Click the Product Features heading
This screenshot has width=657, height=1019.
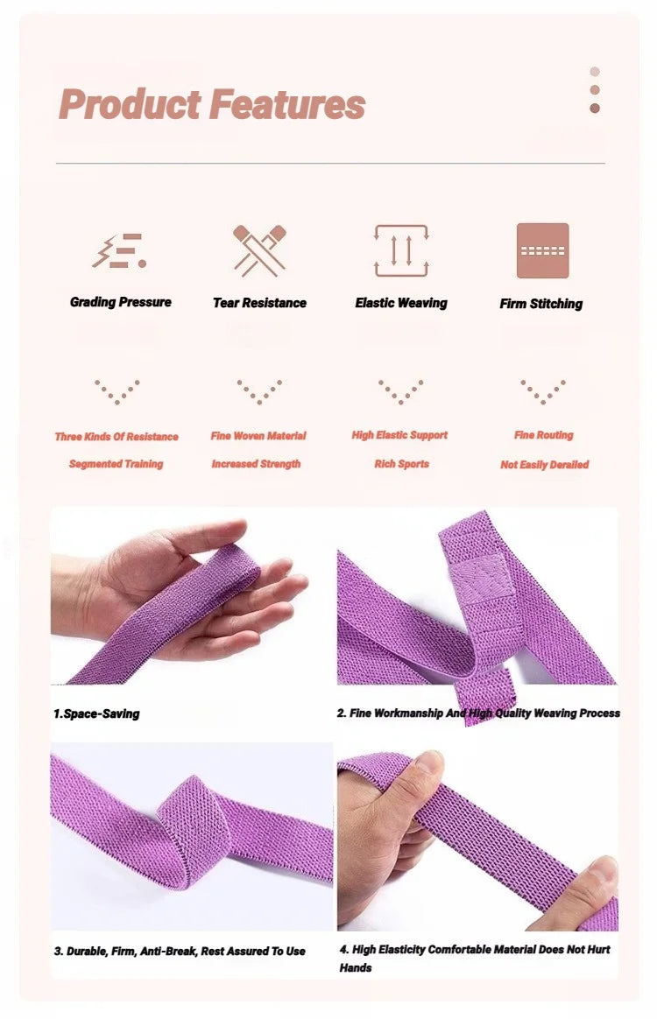pos(212,105)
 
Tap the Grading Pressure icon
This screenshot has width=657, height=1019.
pos(119,250)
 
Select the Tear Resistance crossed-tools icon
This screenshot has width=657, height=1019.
pos(259,250)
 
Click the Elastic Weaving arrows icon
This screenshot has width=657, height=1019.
pos(401,250)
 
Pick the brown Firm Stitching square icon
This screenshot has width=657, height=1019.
pos(542,250)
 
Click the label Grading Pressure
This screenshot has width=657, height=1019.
pos(121,302)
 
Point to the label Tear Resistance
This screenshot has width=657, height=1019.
pos(259,303)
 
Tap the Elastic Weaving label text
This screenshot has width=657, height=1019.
pos(401,303)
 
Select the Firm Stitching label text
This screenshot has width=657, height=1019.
pos(541,304)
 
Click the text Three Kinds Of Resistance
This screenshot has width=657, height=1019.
pos(117,437)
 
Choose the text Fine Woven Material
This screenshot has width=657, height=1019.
pos(258,436)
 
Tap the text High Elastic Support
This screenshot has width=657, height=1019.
pos(399,435)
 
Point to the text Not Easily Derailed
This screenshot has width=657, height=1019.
pos(545,465)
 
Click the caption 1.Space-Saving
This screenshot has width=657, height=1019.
pos(96,714)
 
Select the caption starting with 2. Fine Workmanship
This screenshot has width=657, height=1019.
pos(478,713)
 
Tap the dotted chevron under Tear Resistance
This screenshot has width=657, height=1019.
pos(259,390)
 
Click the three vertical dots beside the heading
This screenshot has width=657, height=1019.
pos(595,90)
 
